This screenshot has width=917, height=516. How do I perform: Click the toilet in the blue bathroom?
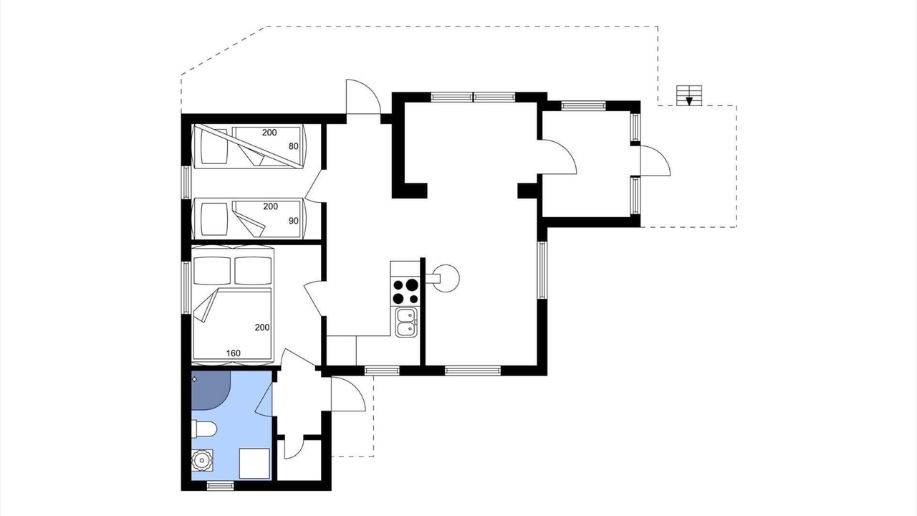(204, 429)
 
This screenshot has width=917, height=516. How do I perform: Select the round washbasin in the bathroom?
(202, 460)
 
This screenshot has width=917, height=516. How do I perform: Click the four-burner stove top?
(405, 291)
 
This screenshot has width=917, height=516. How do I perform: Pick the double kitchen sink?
(405, 322)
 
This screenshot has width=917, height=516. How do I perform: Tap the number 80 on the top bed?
(294, 146)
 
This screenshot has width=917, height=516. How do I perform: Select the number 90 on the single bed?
(294, 221)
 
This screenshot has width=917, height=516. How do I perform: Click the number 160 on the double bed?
(234, 353)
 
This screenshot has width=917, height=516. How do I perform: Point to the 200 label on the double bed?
(262, 328)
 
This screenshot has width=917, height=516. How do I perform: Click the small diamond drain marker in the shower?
(194, 379)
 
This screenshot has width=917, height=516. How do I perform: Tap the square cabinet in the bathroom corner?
(254, 463)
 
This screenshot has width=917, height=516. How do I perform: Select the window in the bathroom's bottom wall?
(220, 486)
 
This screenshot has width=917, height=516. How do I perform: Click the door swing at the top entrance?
(363, 97)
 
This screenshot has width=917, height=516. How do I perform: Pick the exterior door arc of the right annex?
(656, 161)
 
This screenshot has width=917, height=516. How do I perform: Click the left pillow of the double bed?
(211, 271)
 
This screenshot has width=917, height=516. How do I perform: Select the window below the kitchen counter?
(382, 371)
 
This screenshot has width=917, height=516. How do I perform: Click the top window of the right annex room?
(583, 105)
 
